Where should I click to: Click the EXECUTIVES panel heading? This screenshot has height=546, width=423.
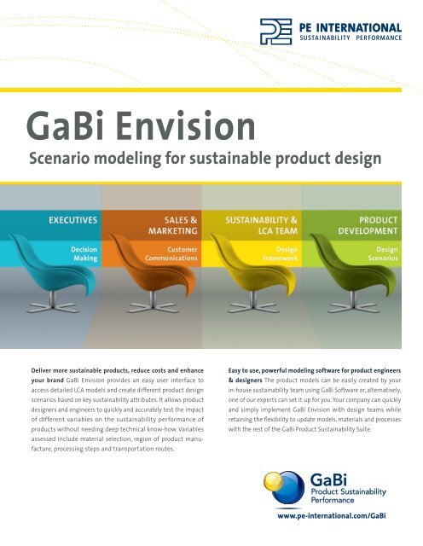[72, 219]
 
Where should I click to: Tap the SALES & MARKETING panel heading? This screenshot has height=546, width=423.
[174, 225]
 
